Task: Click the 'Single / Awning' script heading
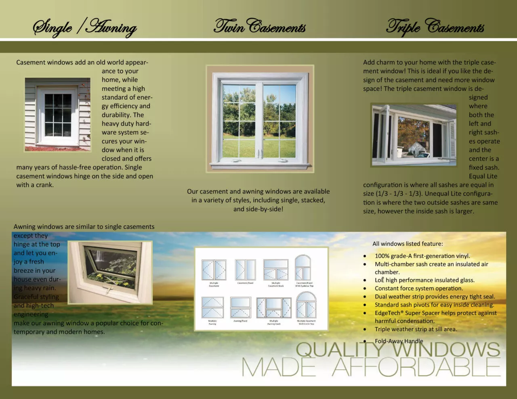tap(85, 27)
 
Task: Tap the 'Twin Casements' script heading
tap(259, 27)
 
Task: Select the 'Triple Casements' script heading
tap(435, 27)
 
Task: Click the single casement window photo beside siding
tap(58, 115)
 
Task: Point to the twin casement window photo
tap(259, 119)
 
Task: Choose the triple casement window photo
tap(414, 135)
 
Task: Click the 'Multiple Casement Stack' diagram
tap(276, 270)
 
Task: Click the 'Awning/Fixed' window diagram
tap(241, 307)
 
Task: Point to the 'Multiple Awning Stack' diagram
tap(274, 308)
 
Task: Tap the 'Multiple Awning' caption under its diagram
tap(212, 322)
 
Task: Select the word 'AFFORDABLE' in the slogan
tap(416, 367)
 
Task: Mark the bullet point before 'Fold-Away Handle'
tap(365, 341)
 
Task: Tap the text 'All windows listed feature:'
tap(408, 244)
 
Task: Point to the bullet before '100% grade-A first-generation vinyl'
tap(365, 256)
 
